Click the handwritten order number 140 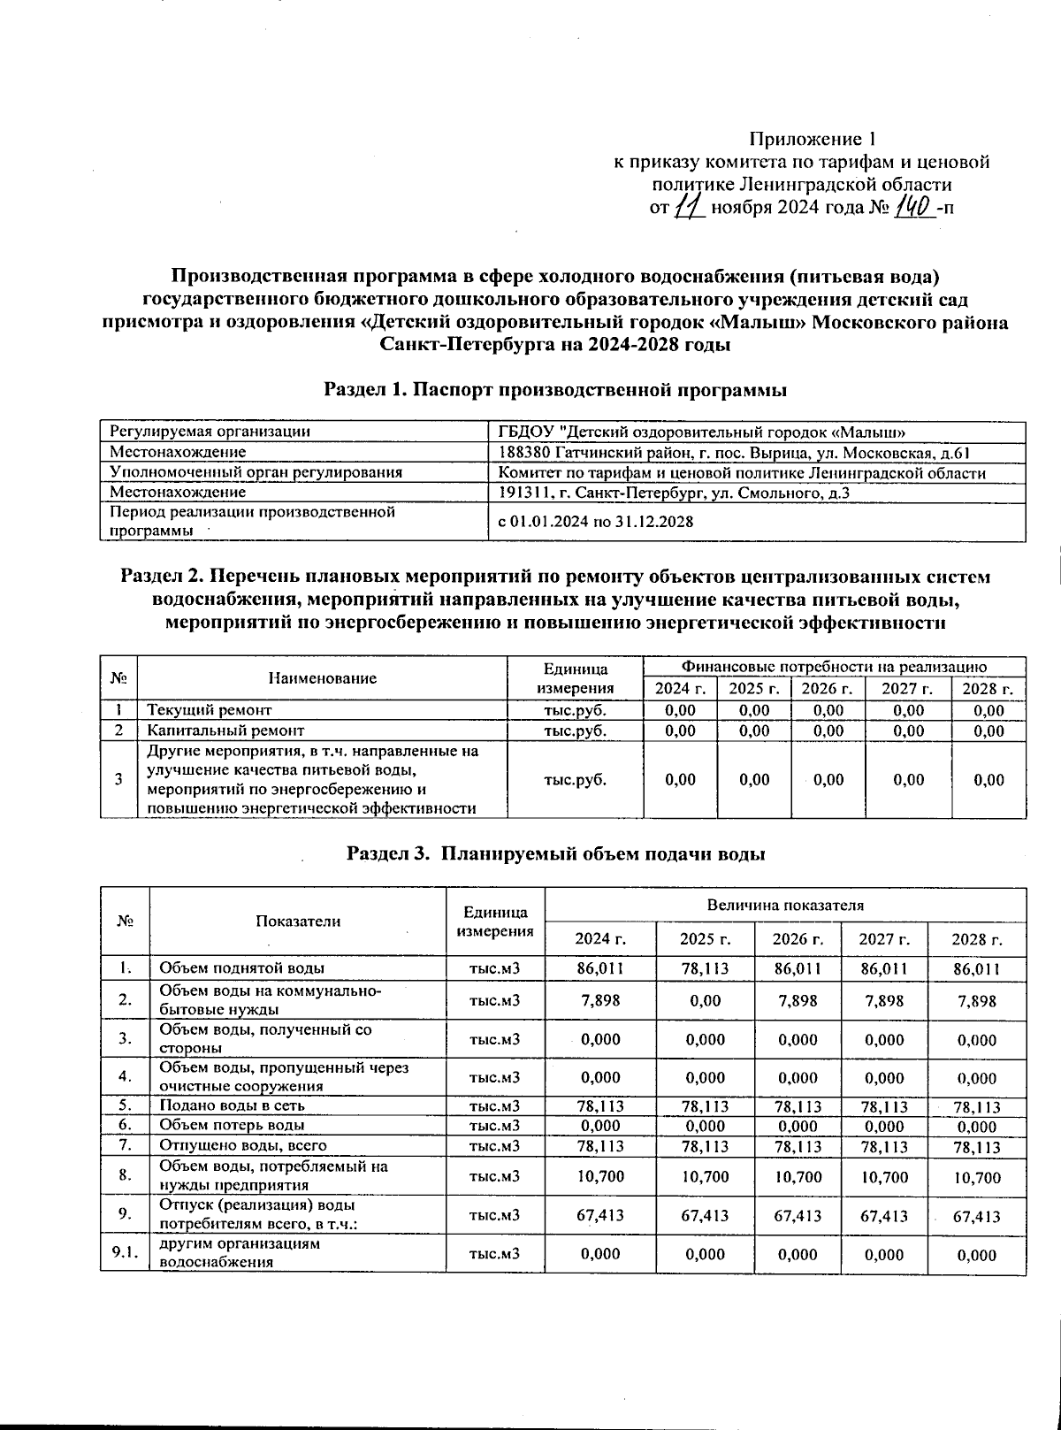click(x=915, y=208)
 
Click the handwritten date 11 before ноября click(x=688, y=208)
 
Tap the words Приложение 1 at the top click(x=812, y=139)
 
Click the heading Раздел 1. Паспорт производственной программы click(x=555, y=389)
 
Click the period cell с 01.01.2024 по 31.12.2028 click(x=595, y=522)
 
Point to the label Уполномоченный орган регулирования click(x=256, y=472)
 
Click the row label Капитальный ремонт click(x=225, y=730)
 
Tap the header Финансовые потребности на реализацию click(x=834, y=666)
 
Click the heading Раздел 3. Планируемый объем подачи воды click(x=555, y=853)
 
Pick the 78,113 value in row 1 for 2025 click(x=705, y=968)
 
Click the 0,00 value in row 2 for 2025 click(x=705, y=1001)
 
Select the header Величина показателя click(x=784, y=905)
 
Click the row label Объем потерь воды click(x=232, y=1125)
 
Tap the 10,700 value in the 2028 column click(x=976, y=1178)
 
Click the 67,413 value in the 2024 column click(x=600, y=1216)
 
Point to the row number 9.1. click(x=125, y=1254)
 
